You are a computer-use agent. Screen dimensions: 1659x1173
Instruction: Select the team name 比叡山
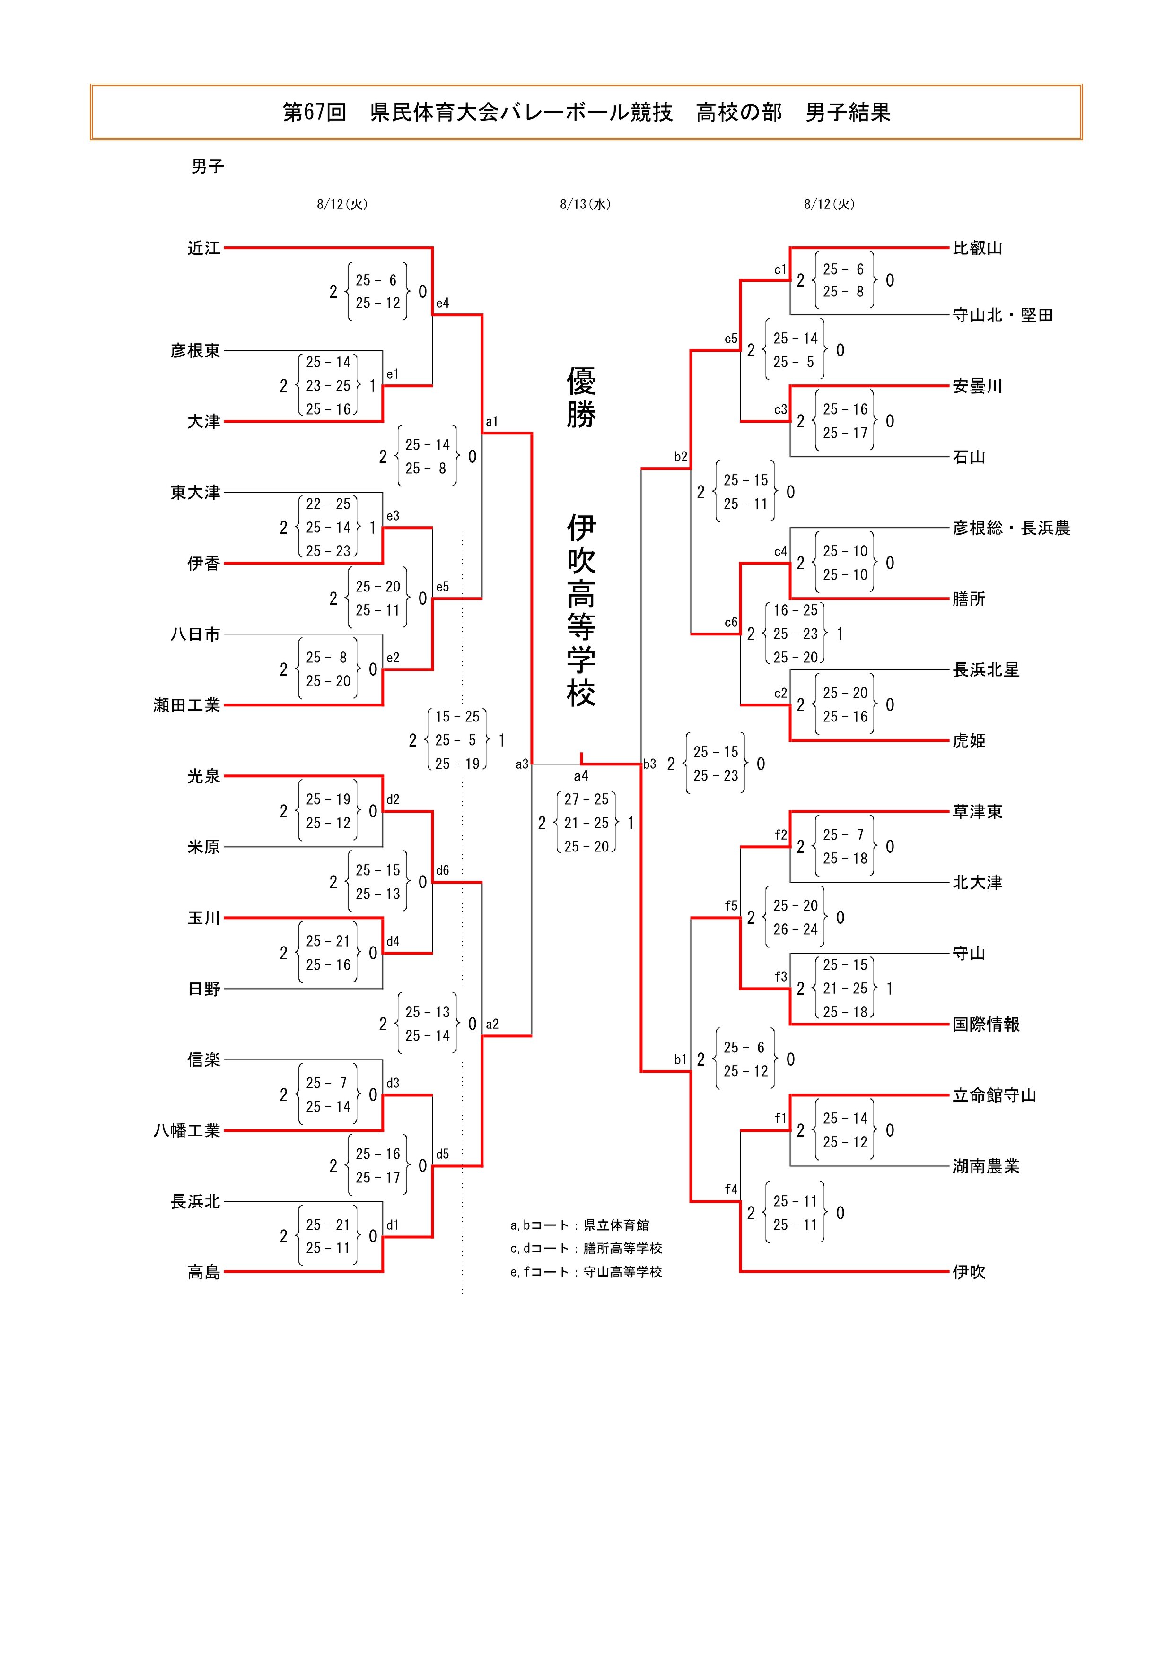point(977,249)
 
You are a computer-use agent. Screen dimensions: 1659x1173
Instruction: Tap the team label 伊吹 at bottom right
point(969,1272)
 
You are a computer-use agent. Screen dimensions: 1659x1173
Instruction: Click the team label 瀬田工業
point(186,705)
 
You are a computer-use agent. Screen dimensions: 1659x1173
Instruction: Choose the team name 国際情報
point(986,1024)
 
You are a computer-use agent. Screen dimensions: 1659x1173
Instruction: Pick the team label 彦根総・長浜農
point(1010,528)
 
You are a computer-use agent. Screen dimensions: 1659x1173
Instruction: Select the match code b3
point(650,764)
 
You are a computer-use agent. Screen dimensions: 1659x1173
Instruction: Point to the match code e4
point(442,304)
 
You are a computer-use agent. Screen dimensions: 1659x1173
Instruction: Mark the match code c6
point(731,622)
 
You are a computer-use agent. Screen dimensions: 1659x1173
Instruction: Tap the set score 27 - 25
point(586,799)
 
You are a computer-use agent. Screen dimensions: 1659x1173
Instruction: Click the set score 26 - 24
point(795,929)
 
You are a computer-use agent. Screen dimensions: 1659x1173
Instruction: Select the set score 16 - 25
point(795,610)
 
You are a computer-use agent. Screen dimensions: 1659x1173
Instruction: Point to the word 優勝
point(581,398)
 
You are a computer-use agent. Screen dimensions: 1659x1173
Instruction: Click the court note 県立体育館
point(616,1225)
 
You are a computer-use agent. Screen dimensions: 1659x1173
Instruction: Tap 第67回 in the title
point(315,112)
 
